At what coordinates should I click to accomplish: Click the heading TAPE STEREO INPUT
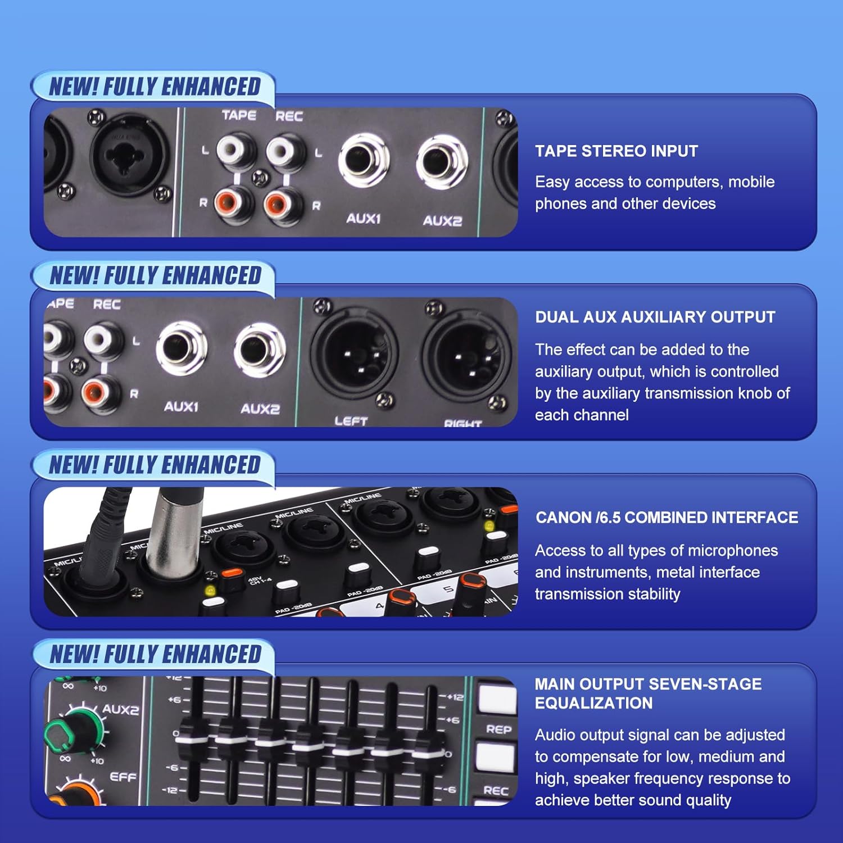[x=616, y=151]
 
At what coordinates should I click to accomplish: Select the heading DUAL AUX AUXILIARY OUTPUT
[x=655, y=317]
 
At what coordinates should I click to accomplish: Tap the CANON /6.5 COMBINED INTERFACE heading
[x=667, y=518]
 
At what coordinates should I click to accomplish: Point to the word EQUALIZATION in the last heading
[x=593, y=703]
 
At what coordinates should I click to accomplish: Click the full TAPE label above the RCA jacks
[x=239, y=115]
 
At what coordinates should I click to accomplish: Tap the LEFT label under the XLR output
[x=351, y=420]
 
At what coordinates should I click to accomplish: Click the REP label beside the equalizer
[x=498, y=729]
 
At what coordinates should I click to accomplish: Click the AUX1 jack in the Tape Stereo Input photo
[x=364, y=160]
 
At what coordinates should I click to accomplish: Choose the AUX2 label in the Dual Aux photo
[x=260, y=409]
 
